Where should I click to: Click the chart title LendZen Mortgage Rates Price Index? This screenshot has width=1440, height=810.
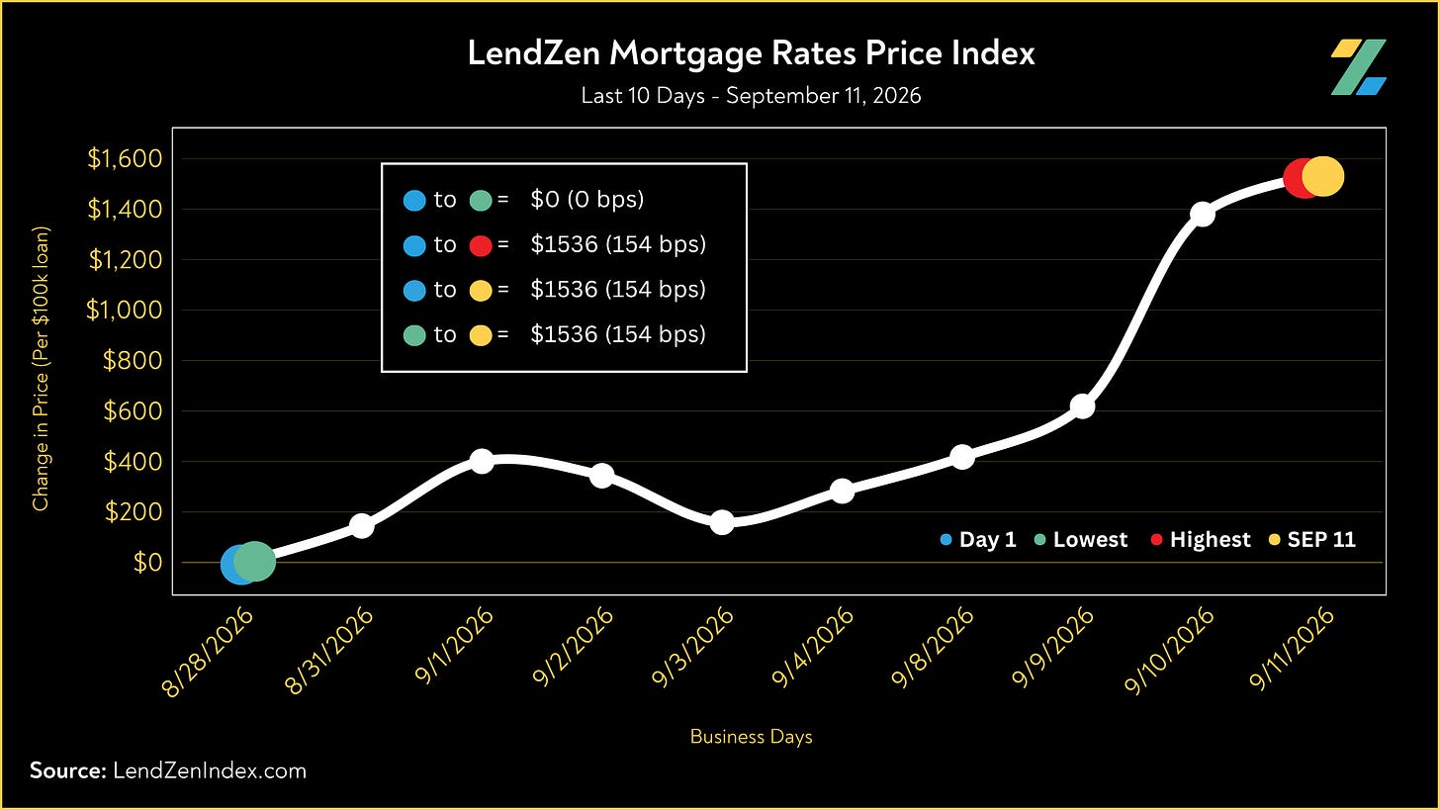[x=751, y=53]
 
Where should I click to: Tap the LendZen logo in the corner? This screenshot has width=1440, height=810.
[x=1358, y=67]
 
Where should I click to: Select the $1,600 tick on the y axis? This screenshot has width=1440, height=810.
[x=125, y=158]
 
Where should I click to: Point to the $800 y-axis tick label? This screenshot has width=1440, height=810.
[x=134, y=360]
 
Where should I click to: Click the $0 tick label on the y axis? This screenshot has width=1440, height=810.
[x=148, y=563]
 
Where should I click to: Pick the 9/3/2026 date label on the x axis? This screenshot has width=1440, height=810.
[x=691, y=647]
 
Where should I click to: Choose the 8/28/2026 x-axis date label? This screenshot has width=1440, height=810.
[x=207, y=653]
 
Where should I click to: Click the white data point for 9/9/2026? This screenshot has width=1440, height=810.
[x=1083, y=406]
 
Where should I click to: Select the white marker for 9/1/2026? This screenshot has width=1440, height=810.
[x=482, y=460]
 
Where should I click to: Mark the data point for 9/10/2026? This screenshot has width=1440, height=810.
[x=1203, y=214]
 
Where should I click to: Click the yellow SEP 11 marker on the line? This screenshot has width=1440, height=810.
[x=1323, y=176]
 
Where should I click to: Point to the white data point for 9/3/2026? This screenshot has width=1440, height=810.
[x=722, y=522]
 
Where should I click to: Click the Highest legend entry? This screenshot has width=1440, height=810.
[x=1201, y=539]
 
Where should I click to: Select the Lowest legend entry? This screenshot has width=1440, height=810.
[x=1081, y=539]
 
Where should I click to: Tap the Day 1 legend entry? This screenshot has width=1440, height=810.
[x=978, y=539]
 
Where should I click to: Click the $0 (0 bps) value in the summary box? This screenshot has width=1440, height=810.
[x=586, y=200]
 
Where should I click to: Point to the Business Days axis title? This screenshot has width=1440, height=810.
[x=751, y=736]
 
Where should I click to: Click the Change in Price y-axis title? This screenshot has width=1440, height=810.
[x=41, y=369]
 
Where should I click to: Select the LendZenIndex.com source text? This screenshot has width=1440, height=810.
[x=210, y=770]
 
